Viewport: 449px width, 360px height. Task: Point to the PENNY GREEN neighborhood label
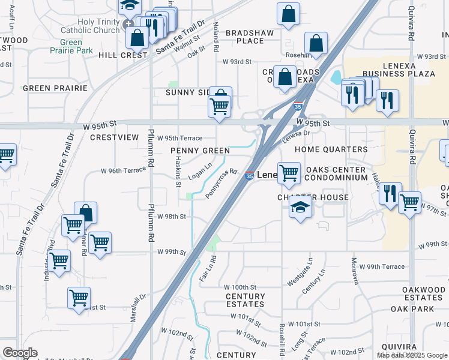pos(200,151)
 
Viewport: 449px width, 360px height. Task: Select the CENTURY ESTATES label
pos(245,301)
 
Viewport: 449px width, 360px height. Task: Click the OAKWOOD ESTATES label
pos(423,294)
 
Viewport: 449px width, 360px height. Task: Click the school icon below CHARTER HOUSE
pos(300,208)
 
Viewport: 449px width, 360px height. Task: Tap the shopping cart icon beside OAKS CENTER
pos(289,173)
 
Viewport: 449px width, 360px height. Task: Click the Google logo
pos(20,353)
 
